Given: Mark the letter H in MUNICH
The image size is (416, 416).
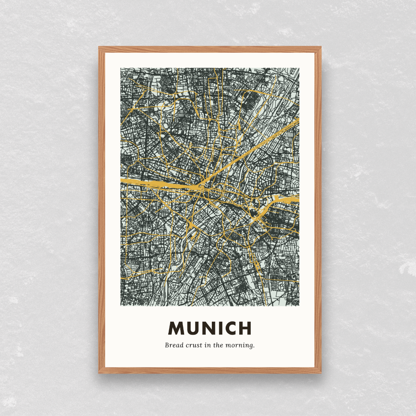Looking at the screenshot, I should pos(245,328).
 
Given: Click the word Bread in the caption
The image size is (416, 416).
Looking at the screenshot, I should pos(173,345).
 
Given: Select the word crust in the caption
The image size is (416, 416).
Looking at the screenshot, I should pos(193,345).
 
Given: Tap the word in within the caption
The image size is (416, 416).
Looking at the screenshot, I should pos(208,345).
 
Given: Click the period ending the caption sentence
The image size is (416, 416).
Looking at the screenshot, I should pos(254,347).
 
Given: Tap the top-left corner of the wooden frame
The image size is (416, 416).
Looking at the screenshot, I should pos(99,47).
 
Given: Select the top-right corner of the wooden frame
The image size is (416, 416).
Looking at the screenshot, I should pos(320,47).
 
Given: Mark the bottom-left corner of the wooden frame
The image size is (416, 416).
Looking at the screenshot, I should pos(99,372).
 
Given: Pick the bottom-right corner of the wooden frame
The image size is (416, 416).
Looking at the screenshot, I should pos(320,372).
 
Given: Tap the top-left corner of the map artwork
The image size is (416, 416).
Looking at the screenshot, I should pos(121,68).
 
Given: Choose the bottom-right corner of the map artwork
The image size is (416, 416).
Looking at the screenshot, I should pos(299,306).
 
